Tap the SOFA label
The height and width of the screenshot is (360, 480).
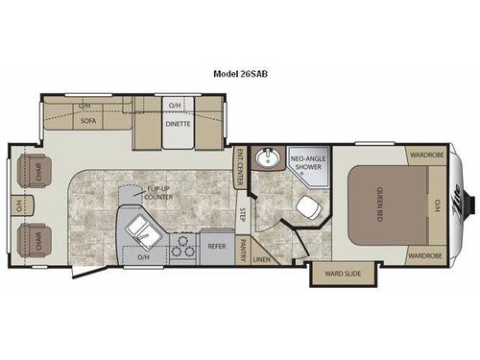pos(86,122)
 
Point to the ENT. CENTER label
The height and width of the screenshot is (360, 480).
pos(241,165)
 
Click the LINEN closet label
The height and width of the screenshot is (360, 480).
pos(262,257)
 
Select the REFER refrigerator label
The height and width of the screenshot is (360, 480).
pos(216,245)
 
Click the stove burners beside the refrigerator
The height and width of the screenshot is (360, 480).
pos(180,246)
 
